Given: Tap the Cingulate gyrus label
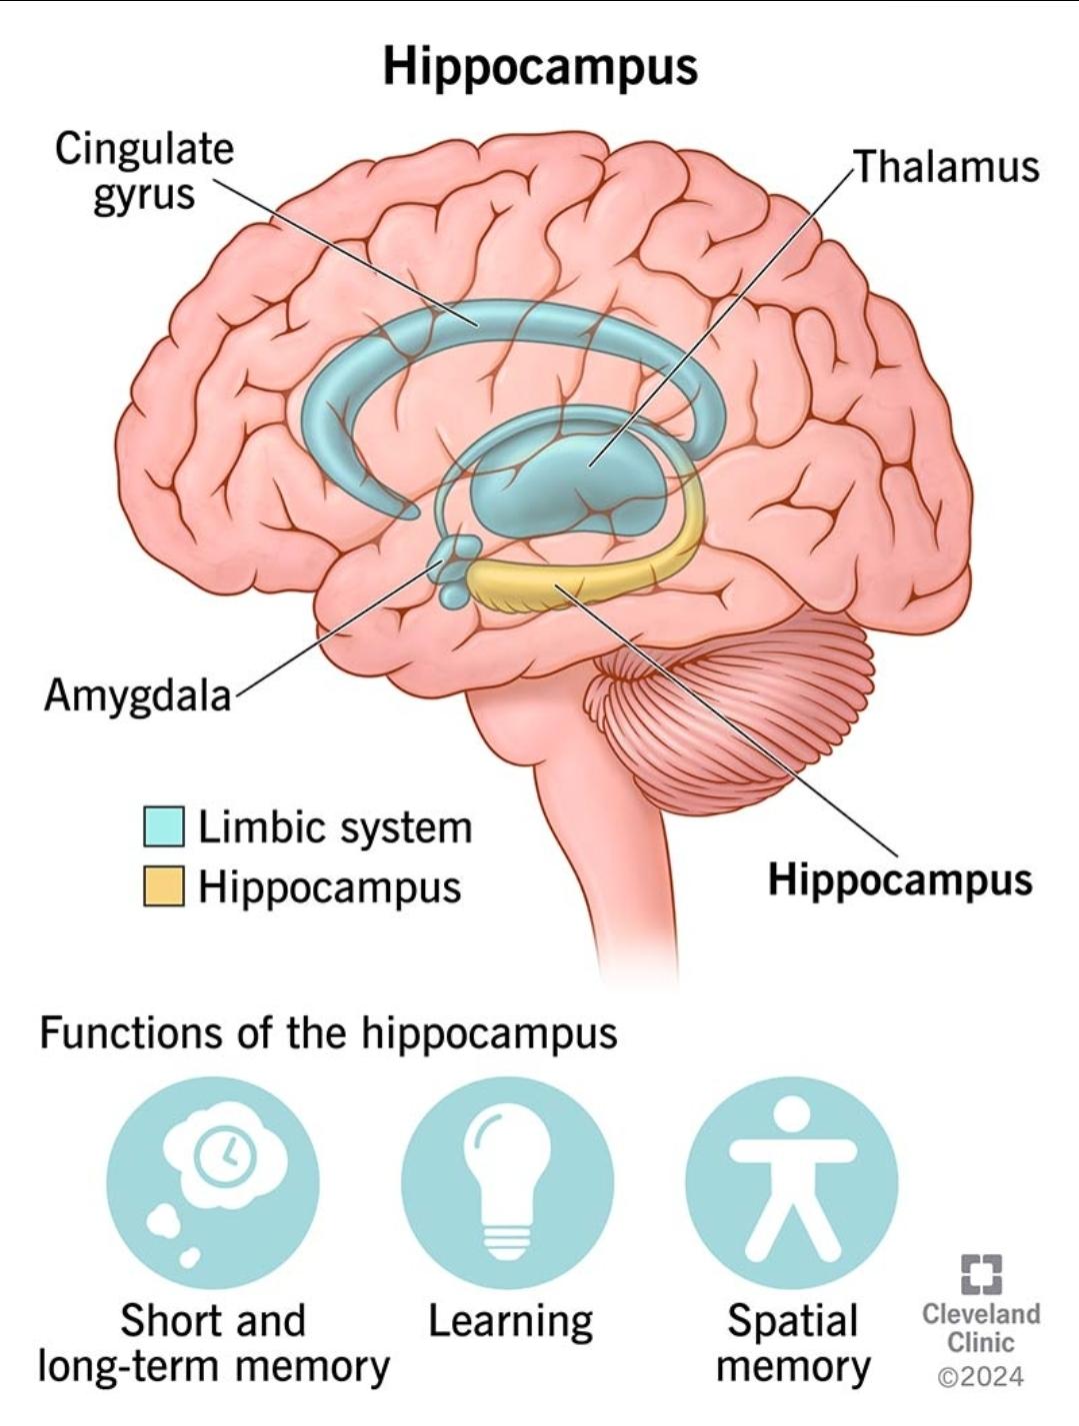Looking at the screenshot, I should click(x=144, y=171).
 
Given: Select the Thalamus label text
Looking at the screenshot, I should click(x=945, y=167).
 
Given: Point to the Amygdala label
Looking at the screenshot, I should click(x=137, y=695).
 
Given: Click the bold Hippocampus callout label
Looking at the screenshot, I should click(x=899, y=879).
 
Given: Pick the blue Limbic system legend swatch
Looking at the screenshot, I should click(x=163, y=826).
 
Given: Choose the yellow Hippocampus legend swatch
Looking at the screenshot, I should click(x=163, y=886).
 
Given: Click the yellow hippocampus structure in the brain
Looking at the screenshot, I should click(x=560, y=585).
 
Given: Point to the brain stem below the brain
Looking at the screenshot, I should click(x=610, y=849).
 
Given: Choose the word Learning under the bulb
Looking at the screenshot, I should click(x=510, y=1321).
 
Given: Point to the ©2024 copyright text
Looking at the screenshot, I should click(x=981, y=1376).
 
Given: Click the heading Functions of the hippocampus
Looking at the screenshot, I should click(x=328, y=1032).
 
